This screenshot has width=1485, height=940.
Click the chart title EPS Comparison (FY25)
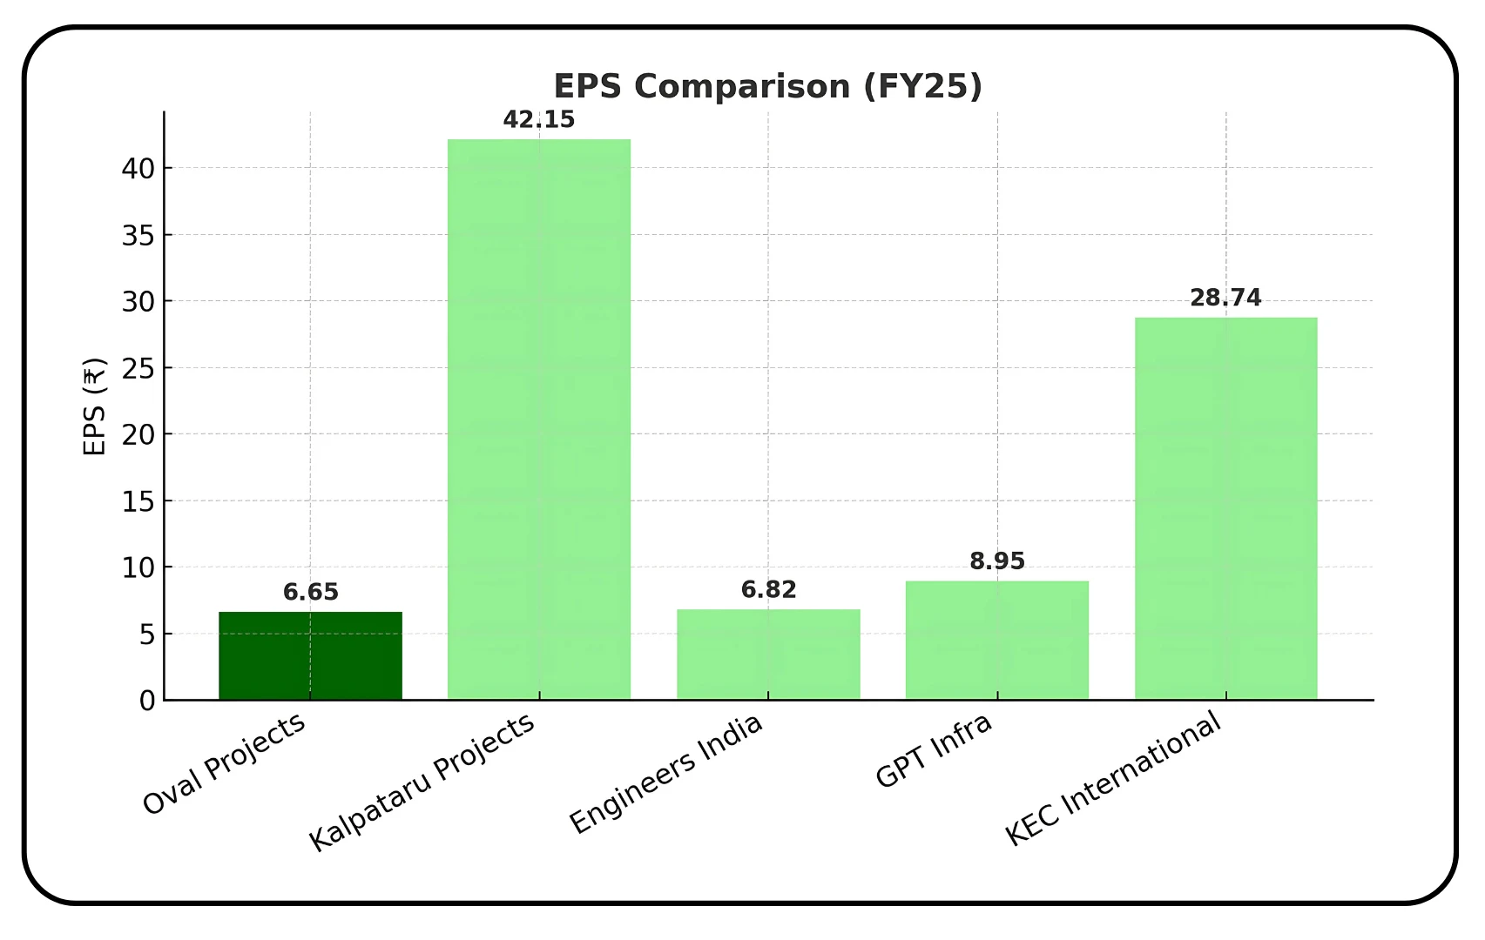[767, 86]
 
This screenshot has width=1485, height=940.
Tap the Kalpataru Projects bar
[539, 419]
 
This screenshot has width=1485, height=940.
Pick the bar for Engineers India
[768, 654]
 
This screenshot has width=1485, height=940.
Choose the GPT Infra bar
[997, 640]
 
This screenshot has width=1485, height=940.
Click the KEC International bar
[1225, 508]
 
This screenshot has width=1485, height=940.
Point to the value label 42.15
[539, 119]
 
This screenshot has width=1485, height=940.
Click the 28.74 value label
[1225, 298]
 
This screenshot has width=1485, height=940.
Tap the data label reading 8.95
[997, 561]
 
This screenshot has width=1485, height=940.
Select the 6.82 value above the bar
[768, 590]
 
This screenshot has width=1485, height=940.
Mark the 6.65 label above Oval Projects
[310, 593]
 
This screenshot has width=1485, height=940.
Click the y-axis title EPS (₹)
[94, 406]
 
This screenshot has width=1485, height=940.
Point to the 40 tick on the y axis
[138, 169]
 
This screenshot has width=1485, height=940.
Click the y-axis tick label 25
[138, 368]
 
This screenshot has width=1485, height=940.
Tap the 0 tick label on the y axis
[147, 701]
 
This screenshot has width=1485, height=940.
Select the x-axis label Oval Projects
[225, 763]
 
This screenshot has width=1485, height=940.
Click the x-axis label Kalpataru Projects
[422, 782]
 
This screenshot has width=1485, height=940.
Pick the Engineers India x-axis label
[666, 774]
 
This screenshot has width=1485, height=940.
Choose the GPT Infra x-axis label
[934, 750]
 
